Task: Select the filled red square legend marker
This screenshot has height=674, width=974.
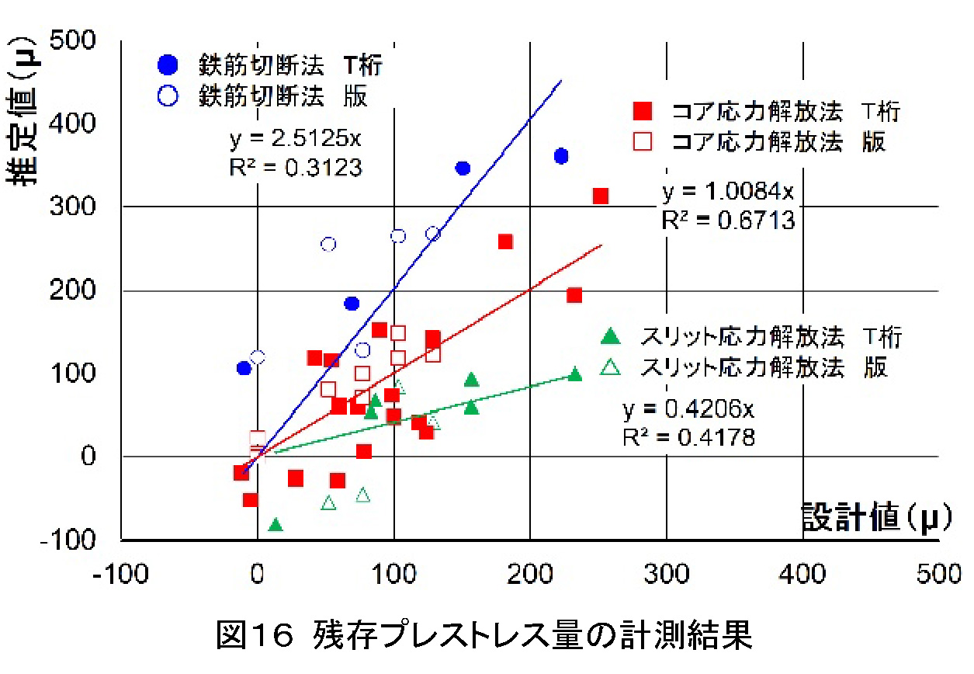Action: [641, 112]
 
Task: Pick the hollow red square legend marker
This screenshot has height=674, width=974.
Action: [641, 142]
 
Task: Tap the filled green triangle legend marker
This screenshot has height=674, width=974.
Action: [612, 336]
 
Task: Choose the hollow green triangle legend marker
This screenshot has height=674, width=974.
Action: [612, 367]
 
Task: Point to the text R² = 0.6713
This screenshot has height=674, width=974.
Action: [728, 221]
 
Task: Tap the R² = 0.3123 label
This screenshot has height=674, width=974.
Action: [296, 168]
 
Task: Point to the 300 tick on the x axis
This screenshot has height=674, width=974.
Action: [666, 574]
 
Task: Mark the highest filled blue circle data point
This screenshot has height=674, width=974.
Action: [561, 156]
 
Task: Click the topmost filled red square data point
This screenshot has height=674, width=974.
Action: [600, 196]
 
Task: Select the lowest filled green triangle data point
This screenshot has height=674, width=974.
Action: [275, 525]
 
